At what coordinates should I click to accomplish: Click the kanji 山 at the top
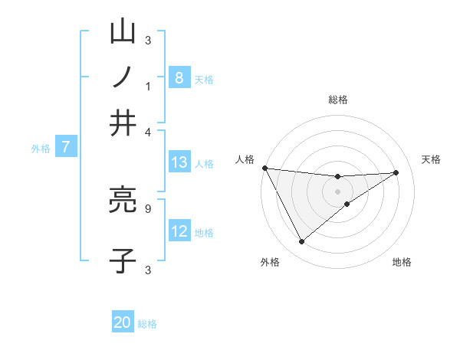click(123, 33)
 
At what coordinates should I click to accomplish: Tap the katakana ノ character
click(123, 77)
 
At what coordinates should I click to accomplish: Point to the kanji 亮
click(123, 201)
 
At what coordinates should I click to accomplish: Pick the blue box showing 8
click(179, 77)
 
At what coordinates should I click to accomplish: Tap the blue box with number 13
click(179, 162)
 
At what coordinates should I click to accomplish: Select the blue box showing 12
click(179, 231)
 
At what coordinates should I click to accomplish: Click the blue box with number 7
click(66, 147)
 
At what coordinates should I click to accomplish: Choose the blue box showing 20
click(123, 322)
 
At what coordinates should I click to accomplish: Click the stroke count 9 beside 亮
click(148, 207)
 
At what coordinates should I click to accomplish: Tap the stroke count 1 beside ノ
click(148, 86)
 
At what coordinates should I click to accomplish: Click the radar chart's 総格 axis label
click(338, 100)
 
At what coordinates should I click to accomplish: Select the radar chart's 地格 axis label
click(402, 262)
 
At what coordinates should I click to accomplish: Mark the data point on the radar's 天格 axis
click(396, 172)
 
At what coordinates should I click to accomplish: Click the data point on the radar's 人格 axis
click(264, 168)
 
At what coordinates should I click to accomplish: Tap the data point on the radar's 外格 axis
click(301, 242)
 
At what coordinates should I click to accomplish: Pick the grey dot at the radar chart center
click(338, 191)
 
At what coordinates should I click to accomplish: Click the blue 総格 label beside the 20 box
click(147, 323)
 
